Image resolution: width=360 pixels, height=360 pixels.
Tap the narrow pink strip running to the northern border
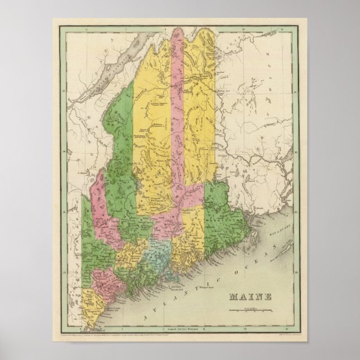[178, 112]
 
